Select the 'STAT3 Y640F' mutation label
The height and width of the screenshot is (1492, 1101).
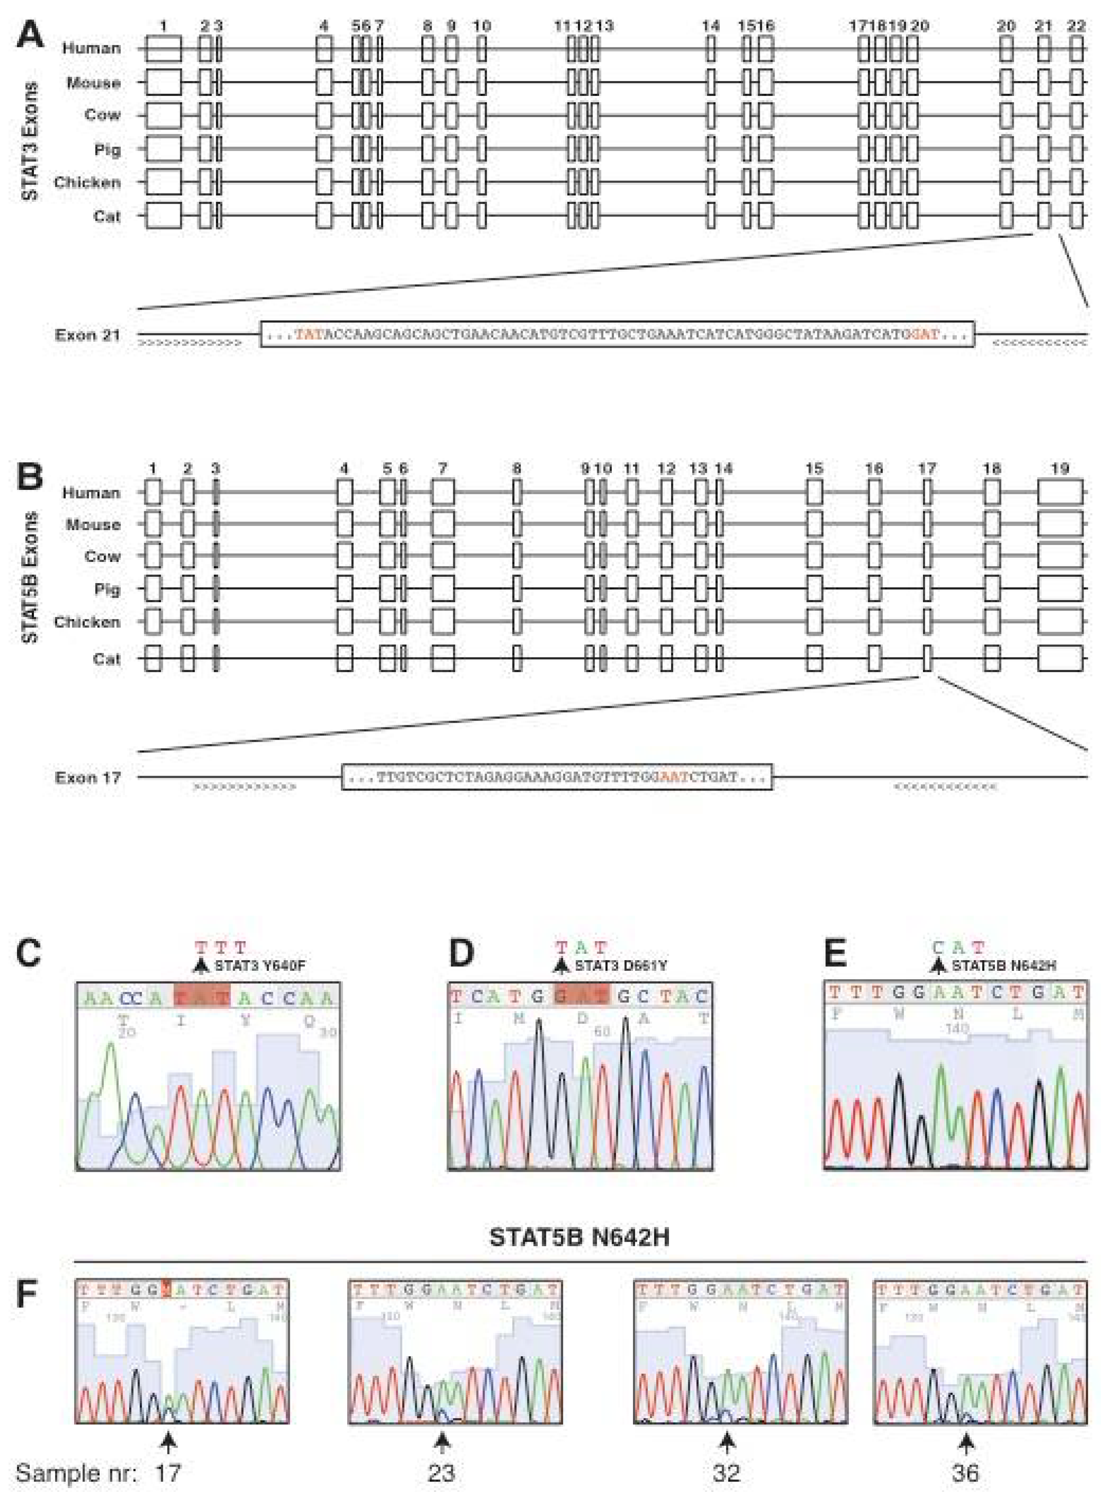click(259, 965)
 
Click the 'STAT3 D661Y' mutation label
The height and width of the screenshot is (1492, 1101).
click(621, 965)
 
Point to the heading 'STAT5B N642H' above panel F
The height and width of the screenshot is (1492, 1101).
click(579, 1238)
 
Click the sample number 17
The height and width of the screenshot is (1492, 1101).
click(168, 1472)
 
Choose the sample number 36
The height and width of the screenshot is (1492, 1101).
click(966, 1472)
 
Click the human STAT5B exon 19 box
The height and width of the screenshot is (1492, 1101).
click(1060, 493)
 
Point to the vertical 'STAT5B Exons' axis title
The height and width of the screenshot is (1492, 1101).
click(30, 577)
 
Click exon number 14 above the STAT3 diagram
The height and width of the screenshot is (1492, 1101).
click(711, 26)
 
